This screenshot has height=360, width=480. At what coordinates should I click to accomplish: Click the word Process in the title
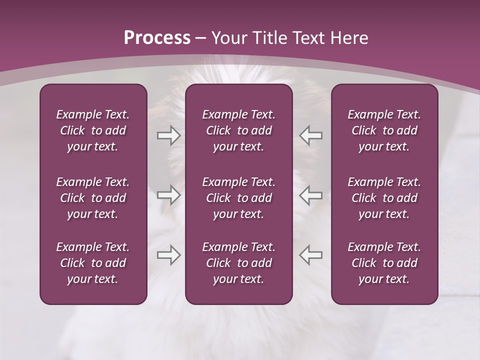click(157, 38)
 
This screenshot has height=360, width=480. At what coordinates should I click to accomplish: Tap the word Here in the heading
click(349, 38)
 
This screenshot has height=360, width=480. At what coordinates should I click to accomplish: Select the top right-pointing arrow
click(168, 135)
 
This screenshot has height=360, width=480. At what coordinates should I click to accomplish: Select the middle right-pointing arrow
click(168, 195)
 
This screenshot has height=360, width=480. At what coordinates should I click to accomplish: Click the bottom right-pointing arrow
click(168, 255)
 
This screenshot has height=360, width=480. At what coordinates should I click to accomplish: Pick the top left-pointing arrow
click(310, 135)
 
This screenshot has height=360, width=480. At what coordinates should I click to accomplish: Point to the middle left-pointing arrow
click(310, 195)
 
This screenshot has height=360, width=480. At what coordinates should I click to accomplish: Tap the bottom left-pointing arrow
click(310, 255)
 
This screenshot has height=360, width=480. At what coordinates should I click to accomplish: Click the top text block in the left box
click(93, 130)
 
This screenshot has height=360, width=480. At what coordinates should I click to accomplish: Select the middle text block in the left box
click(93, 198)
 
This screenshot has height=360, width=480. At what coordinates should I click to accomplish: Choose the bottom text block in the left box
click(93, 263)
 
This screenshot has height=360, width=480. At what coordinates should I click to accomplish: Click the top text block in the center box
click(238, 130)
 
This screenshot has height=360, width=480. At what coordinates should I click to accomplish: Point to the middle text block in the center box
click(238, 198)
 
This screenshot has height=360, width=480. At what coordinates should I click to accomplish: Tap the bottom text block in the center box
click(238, 263)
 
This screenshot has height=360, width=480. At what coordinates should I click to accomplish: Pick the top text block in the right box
click(384, 130)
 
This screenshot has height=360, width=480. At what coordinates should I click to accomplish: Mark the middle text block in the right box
click(384, 198)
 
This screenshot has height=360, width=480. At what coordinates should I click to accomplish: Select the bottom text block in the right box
click(384, 263)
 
